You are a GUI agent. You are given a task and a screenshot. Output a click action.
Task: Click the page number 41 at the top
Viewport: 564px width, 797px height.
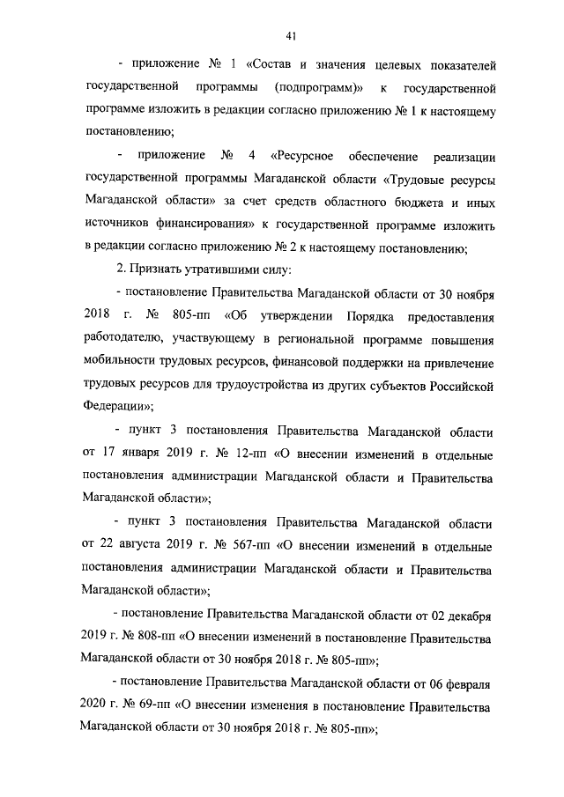coord(290,35)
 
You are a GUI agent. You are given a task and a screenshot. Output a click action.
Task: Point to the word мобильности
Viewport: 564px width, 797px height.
coord(122,362)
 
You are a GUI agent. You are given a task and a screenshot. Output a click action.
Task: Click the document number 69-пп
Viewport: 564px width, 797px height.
coord(152,705)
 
